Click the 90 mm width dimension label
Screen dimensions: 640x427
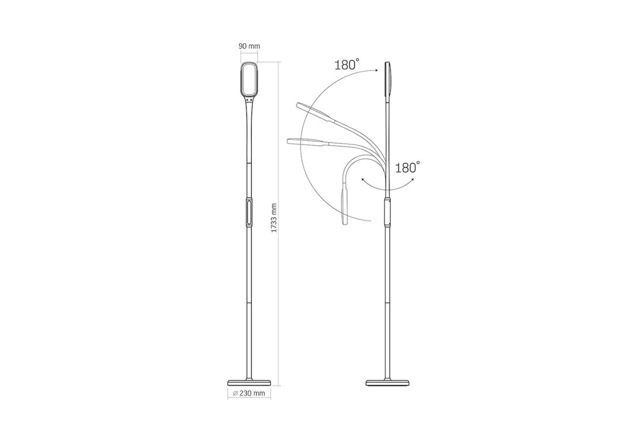249,46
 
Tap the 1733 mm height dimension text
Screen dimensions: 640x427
274,218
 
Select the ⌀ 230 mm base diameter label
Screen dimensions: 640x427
249,393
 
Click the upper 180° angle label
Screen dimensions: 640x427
347,65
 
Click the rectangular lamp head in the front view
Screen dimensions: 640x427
250,79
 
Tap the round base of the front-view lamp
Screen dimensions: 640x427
249,382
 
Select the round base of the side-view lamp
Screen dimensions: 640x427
387,382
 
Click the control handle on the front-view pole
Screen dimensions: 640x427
249,212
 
